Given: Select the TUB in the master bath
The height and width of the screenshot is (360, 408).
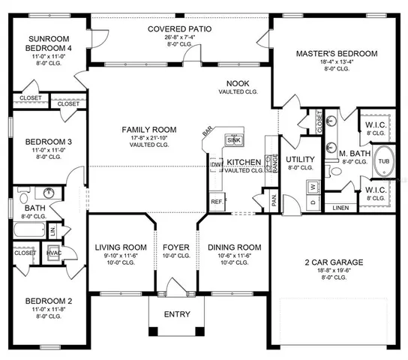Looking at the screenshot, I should pyautogui.click(x=383, y=160).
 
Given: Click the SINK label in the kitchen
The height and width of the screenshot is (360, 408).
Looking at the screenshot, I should pyautogui.click(x=233, y=140).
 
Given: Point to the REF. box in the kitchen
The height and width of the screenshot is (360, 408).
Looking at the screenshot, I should pyautogui.click(x=216, y=202).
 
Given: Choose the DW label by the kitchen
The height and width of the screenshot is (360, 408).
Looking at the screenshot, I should pyautogui.click(x=214, y=163).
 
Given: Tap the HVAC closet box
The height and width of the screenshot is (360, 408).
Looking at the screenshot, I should pyautogui.click(x=54, y=253).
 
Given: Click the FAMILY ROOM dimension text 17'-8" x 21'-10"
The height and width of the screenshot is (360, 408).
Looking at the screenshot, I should pyautogui.click(x=149, y=139).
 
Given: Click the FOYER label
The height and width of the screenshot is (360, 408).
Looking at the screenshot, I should pyautogui.click(x=177, y=247).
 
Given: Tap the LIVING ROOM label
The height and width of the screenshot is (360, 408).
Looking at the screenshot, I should pyautogui.click(x=120, y=247).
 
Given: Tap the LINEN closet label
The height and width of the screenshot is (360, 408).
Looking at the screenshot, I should pyautogui.click(x=340, y=207).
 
